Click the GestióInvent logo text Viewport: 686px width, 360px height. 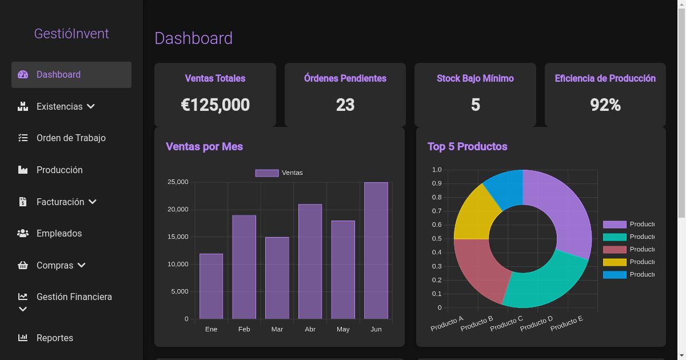[71, 34]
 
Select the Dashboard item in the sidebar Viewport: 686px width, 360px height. [58, 75]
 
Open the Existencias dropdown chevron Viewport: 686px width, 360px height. [91, 106]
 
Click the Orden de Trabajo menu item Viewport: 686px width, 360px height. [71, 138]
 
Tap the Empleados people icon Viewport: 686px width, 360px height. [23, 233]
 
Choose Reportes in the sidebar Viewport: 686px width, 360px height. [55, 338]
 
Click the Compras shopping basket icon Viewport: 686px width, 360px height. [23, 265]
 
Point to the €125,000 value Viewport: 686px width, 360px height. [215, 105]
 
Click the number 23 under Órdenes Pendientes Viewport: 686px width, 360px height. [345, 105]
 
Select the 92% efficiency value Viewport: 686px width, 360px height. [605, 105]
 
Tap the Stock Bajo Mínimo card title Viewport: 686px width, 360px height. [475, 78]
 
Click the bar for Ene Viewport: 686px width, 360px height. [211, 286]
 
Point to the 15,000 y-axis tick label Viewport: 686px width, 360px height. [177, 237]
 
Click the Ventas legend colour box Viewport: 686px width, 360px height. [266, 173]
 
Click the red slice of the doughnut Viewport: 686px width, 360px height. [480, 269]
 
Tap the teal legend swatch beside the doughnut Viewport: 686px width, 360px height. [615, 237]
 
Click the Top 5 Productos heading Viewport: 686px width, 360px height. [467, 146]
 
